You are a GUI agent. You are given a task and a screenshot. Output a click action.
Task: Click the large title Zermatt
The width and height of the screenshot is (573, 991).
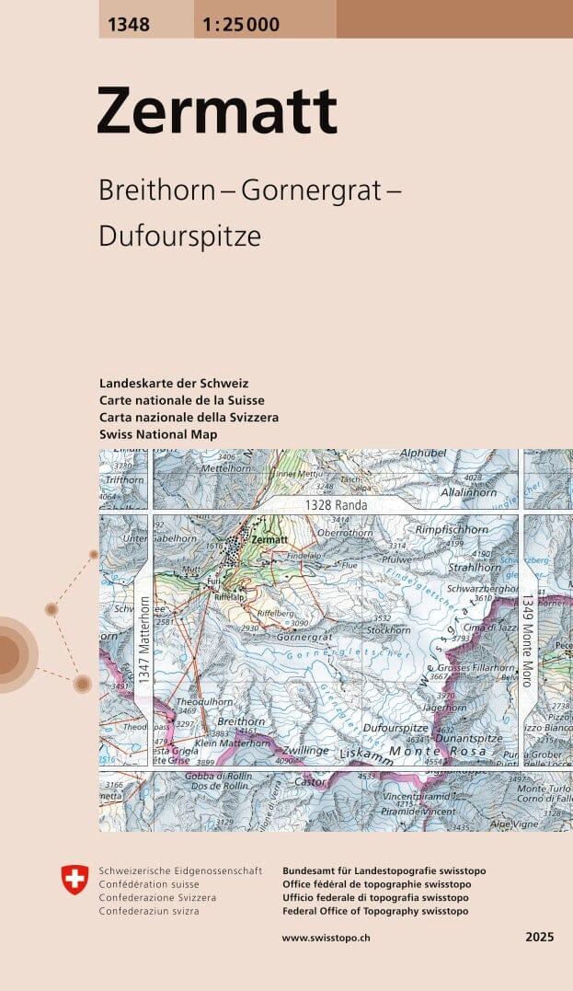coord(217,111)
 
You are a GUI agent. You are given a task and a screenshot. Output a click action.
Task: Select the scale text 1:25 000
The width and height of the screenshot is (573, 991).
coord(236,25)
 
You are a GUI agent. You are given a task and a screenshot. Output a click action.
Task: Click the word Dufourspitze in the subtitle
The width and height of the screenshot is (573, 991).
coord(179,236)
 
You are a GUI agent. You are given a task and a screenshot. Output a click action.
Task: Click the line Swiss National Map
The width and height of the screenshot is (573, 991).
coord(158,433)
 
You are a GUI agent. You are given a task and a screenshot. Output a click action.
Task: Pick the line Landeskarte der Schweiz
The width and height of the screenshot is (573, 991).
coord(174,383)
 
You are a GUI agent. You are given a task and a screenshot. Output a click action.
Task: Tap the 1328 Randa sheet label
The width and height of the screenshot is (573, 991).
coord(337,505)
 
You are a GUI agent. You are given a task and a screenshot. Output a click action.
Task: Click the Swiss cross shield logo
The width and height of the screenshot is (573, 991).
coord(74,880)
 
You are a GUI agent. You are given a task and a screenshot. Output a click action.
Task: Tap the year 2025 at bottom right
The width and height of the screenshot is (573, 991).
coord(540,937)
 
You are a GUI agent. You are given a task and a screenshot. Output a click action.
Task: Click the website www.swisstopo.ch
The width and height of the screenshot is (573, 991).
coord(326,937)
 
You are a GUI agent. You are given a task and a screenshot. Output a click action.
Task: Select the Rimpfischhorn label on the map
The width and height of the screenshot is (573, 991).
coord(451,530)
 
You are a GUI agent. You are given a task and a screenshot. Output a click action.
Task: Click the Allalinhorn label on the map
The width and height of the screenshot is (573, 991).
coord(468,493)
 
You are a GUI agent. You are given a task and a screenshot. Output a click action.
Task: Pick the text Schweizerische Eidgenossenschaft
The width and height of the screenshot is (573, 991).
coord(180,870)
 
